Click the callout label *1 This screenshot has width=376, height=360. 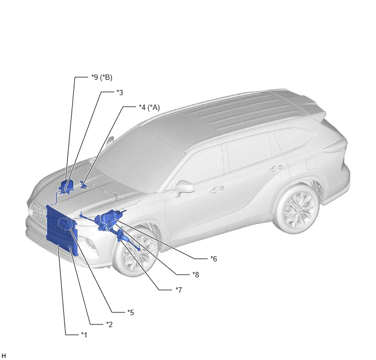click(x=84, y=335)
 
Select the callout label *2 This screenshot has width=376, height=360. click(x=109, y=324)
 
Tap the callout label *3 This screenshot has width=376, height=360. click(x=120, y=92)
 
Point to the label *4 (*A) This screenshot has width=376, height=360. click(x=149, y=107)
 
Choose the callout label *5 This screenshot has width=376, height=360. click(x=131, y=312)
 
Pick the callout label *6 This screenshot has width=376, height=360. click(x=214, y=259)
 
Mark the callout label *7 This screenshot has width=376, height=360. click(x=179, y=290)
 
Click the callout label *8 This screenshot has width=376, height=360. click(x=196, y=275)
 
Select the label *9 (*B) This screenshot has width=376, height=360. click(x=102, y=77)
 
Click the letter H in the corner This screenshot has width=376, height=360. click(x=3, y=356)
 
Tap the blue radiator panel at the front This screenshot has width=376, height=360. click(x=61, y=230)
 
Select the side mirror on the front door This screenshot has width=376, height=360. click(x=185, y=187)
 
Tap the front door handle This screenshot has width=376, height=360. click(x=217, y=189)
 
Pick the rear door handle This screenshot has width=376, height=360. click(x=275, y=169)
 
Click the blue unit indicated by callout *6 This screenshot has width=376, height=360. click(x=109, y=217)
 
